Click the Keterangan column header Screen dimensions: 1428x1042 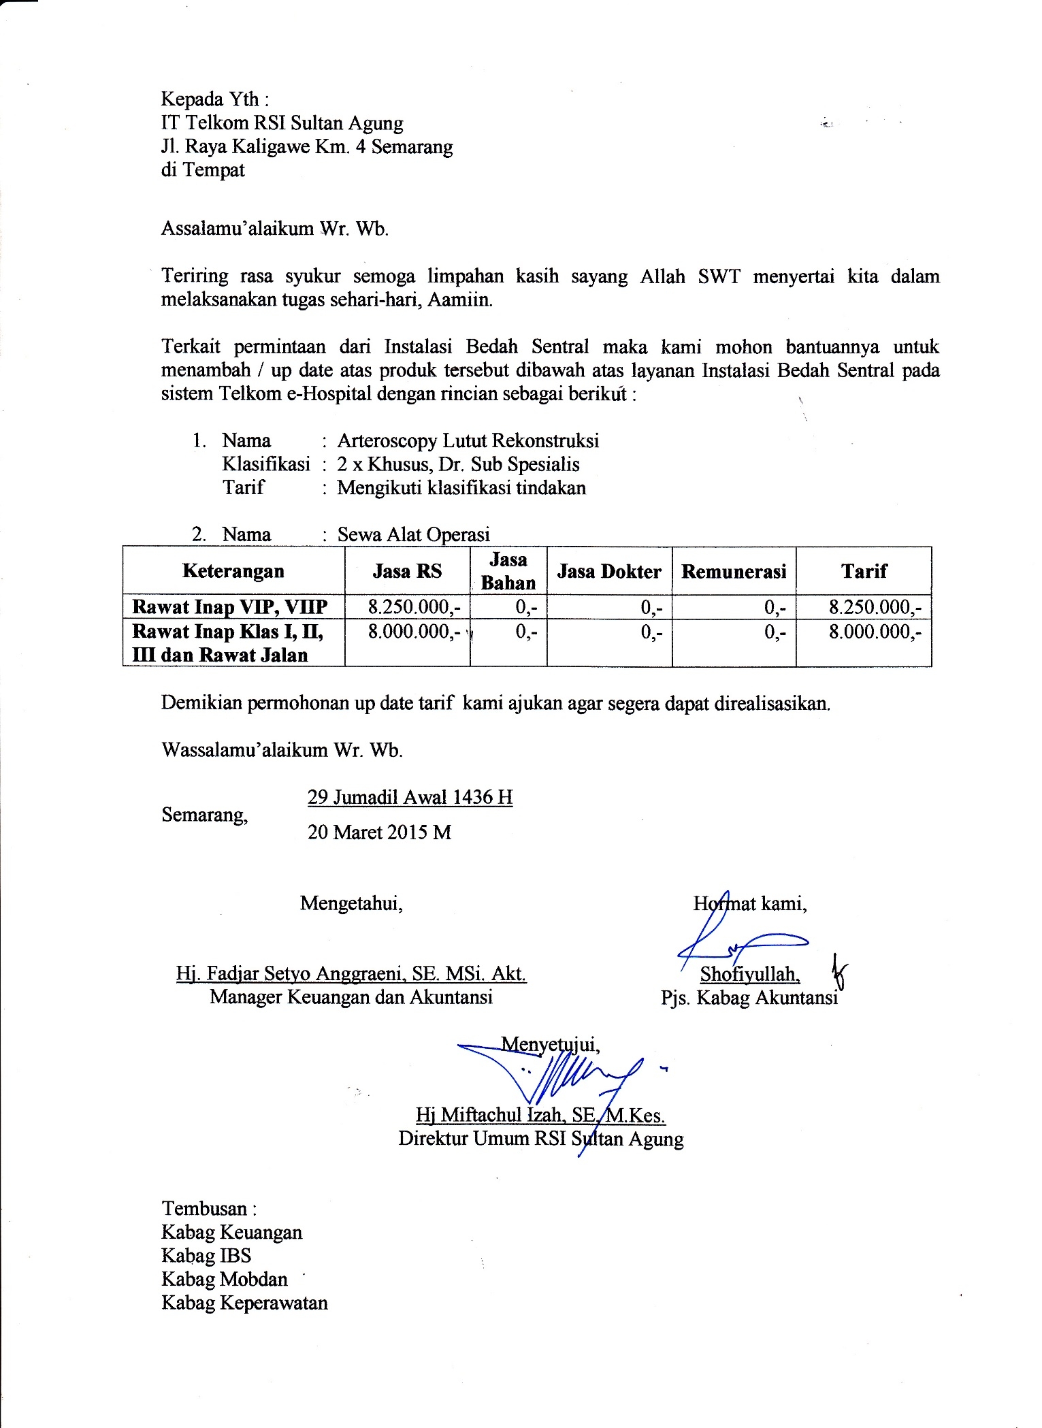233,570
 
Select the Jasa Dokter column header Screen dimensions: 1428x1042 609,571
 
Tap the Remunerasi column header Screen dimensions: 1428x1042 734,571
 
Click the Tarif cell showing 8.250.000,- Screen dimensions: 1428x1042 875,606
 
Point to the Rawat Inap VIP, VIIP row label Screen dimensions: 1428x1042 230,606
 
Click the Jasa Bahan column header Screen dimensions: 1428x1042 508,571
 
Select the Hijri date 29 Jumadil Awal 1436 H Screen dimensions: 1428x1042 410,796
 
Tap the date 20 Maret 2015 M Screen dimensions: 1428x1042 379,832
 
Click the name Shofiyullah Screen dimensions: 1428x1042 750,974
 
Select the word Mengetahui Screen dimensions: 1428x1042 351,903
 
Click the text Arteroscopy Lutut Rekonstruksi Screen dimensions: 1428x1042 468,440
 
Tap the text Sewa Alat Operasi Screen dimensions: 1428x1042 414,534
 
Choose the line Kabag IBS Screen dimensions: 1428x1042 206,1255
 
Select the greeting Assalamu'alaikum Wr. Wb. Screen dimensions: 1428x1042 275,228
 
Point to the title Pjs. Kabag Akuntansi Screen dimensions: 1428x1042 749,998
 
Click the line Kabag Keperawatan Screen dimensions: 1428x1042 244,1303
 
